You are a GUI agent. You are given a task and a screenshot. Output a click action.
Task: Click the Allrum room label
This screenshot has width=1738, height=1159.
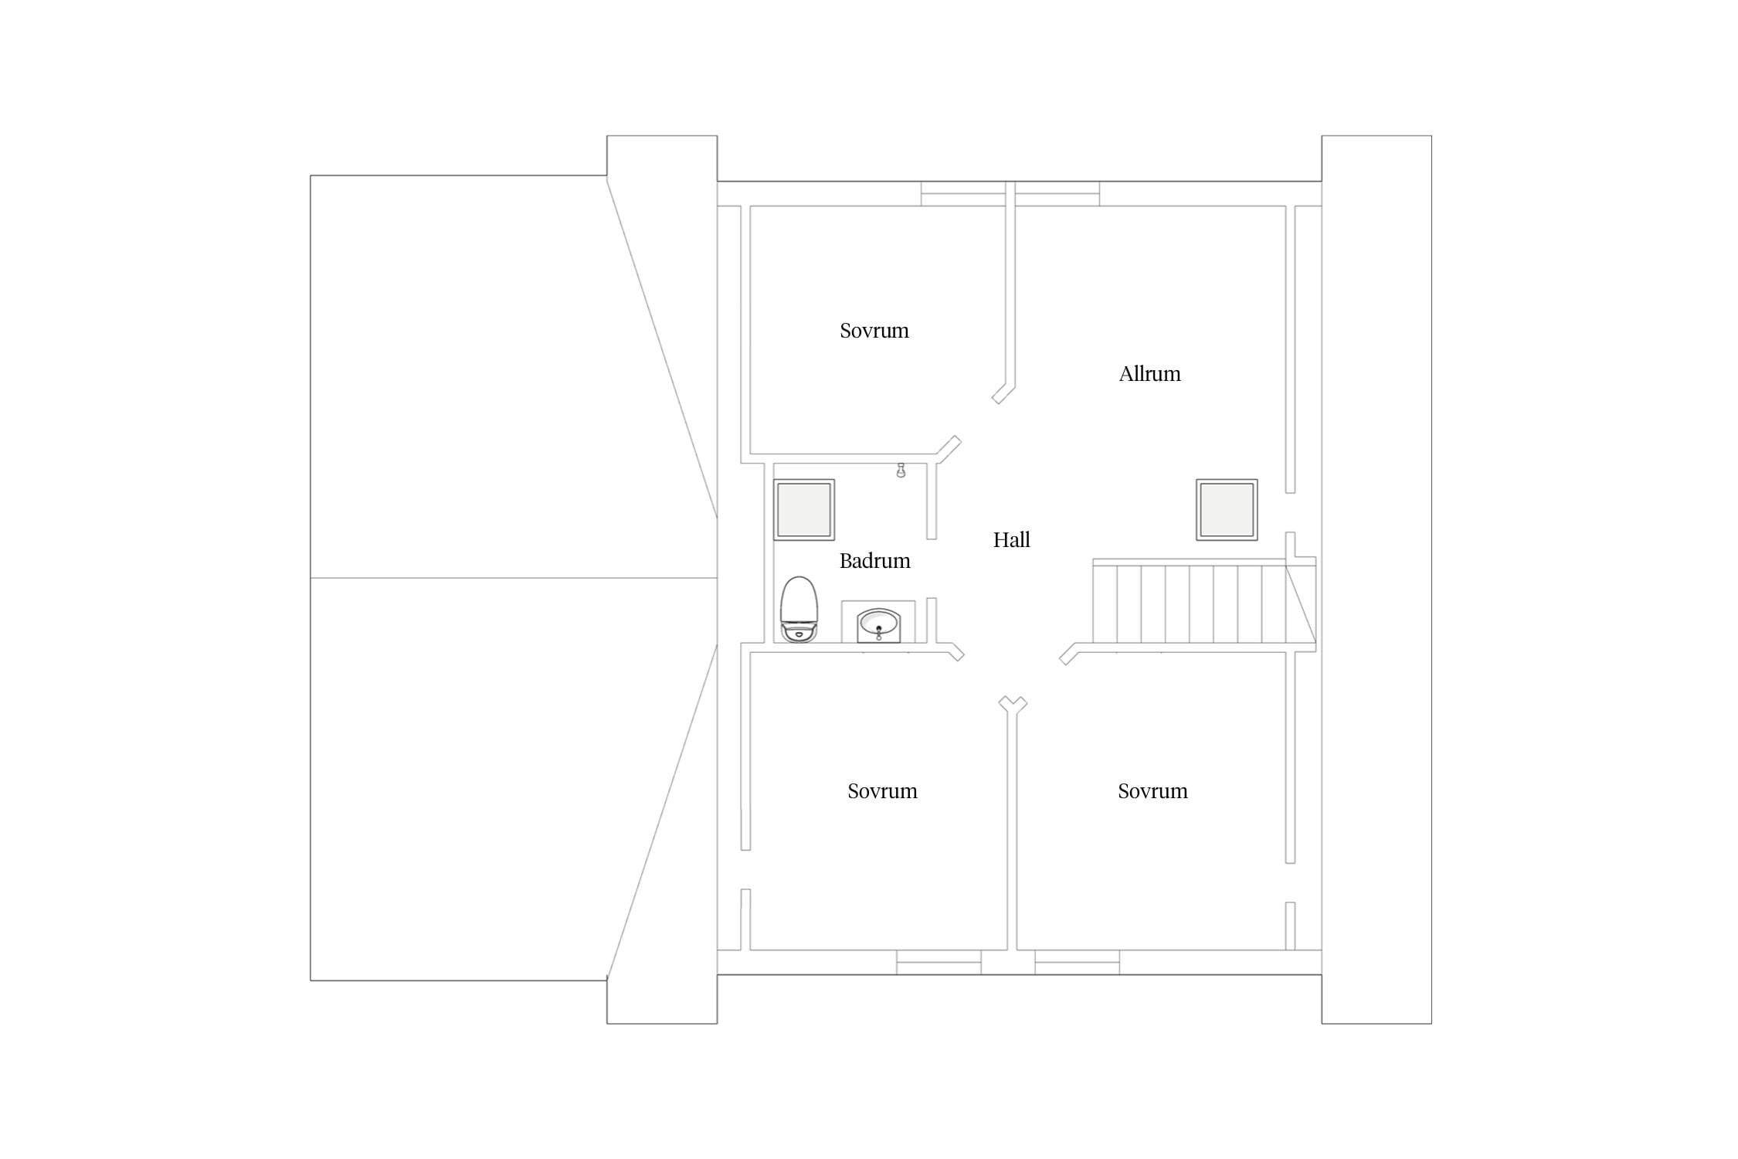[x=1149, y=374]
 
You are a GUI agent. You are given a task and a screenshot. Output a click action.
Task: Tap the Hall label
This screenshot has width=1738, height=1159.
[x=1011, y=539]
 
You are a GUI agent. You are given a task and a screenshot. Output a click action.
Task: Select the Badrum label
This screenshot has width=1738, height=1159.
[x=874, y=561]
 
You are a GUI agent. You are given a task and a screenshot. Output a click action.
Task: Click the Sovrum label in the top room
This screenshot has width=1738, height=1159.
[x=874, y=331]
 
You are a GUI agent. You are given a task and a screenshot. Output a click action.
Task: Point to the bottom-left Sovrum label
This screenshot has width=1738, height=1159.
[x=882, y=791]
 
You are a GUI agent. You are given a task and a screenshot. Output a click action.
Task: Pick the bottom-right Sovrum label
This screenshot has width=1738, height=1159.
[x=1152, y=791]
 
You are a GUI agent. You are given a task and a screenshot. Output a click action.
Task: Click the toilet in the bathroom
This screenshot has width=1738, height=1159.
[x=799, y=609]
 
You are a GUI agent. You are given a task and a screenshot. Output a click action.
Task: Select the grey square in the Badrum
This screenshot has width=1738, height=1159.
[x=804, y=510]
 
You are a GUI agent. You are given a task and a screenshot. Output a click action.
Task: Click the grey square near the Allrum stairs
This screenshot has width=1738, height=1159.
[x=1227, y=510]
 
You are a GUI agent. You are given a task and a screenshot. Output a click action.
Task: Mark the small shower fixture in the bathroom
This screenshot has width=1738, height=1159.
[x=901, y=471]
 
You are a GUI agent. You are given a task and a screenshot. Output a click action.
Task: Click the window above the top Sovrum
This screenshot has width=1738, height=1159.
[x=963, y=194]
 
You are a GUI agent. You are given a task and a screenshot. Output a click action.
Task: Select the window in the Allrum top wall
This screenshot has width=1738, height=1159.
[x=1057, y=194]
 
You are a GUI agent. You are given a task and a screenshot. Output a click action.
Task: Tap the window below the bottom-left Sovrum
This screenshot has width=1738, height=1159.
[x=939, y=962]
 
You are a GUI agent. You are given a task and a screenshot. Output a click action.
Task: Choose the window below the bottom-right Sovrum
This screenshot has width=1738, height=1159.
[x=1077, y=962]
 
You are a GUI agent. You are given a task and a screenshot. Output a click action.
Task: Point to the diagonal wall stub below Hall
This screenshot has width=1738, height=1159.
[x=1013, y=705]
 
